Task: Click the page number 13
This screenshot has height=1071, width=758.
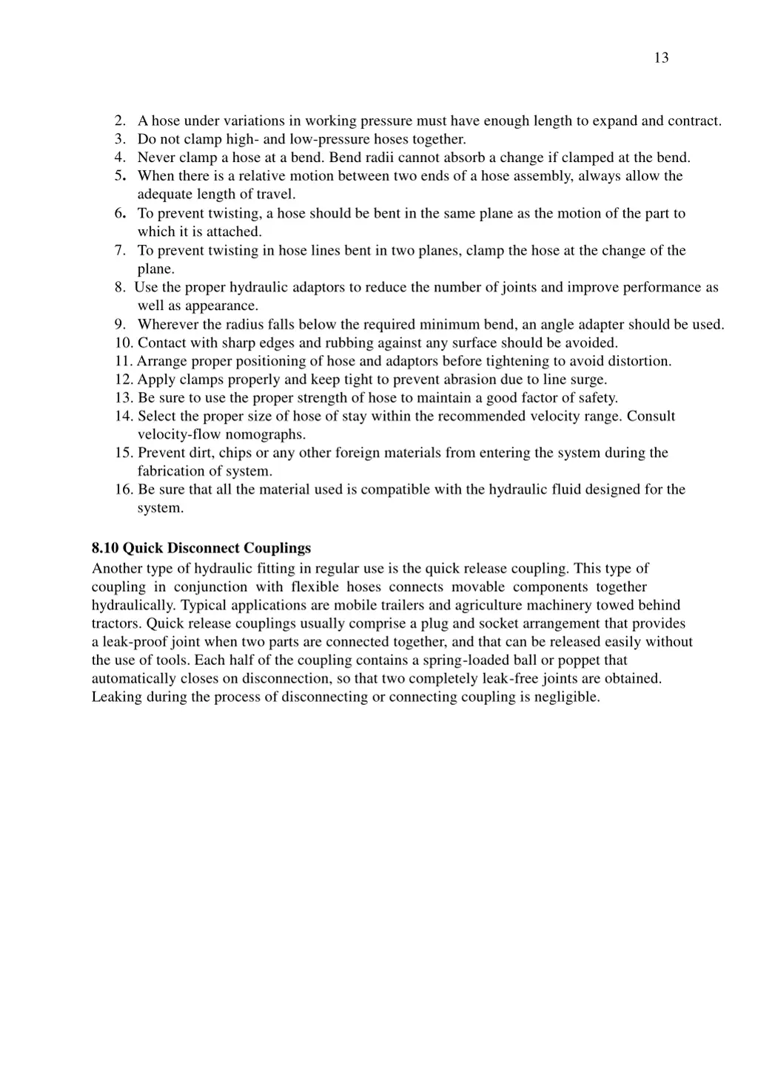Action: coord(661,58)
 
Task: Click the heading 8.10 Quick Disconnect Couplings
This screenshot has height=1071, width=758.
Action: coord(201,548)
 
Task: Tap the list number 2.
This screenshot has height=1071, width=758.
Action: coord(119,121)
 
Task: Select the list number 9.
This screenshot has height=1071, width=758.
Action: coord(119,324)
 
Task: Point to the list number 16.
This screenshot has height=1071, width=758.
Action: coord(123,489)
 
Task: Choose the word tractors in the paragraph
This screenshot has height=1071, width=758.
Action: coord(117,624)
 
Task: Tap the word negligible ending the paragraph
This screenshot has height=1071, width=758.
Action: coord(566,697)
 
